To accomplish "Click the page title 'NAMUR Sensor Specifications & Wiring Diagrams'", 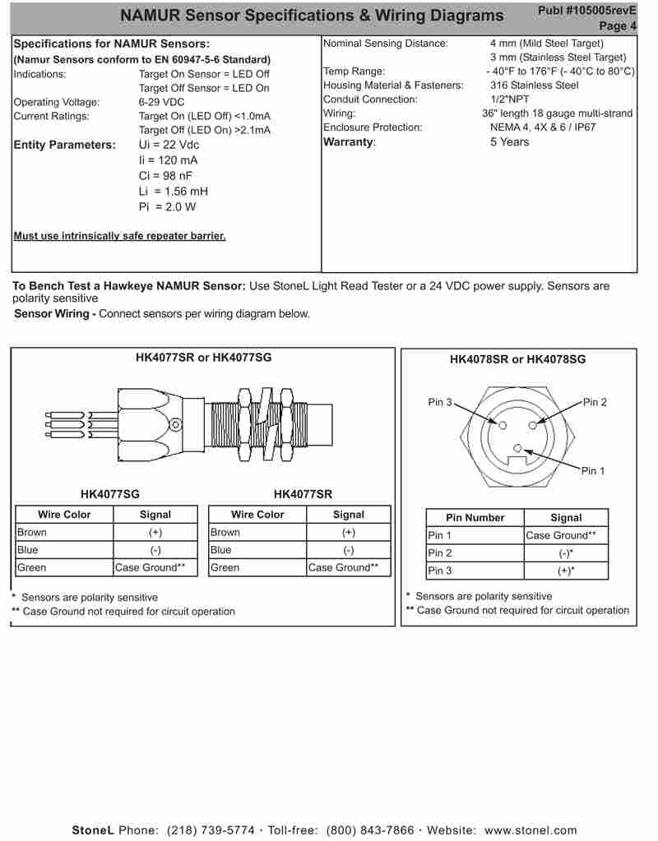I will pyautogui.click(x=312, y=16).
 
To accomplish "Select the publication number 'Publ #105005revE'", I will pyautogui.click(x=586, y=10).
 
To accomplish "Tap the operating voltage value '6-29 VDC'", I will pyautogui.click(x=161, y=103).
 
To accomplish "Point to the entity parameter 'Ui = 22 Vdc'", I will pyautogui.click(x=169, y=146).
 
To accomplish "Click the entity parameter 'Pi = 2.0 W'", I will pyautogui.click(x=167, y=207).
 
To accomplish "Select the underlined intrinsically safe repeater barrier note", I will pyautogui.click(x=119, y=237).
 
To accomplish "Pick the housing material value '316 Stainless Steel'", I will pyautogui.click(x=534, y=85).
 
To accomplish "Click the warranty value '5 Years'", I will pyautogui.click(x=509, y=142).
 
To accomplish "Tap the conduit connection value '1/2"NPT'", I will pyautogui.click(x=509, y=99).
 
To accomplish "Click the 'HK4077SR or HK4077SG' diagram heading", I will pyautogui.click(x=203, y=358).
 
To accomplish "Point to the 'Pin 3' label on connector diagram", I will pyautogui.click(x=440, y=402).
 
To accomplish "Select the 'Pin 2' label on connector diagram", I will pyautogui.click(x=595, y=402).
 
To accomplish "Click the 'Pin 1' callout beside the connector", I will pyautogui.click(x=592, y=471).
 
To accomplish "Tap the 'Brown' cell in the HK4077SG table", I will pyautogui.click(x=32, y=533).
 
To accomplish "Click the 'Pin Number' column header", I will pyautogui.click(x=475, y=518).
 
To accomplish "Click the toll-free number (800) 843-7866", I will pyautogui.click(x=370, y=830).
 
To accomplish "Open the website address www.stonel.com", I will pyautogui.click(x=531, y=830).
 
